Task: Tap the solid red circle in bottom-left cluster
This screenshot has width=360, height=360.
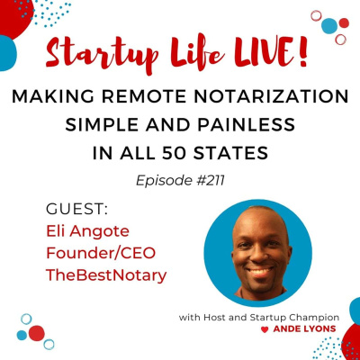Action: pyautogui.click(x=37, y=333)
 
